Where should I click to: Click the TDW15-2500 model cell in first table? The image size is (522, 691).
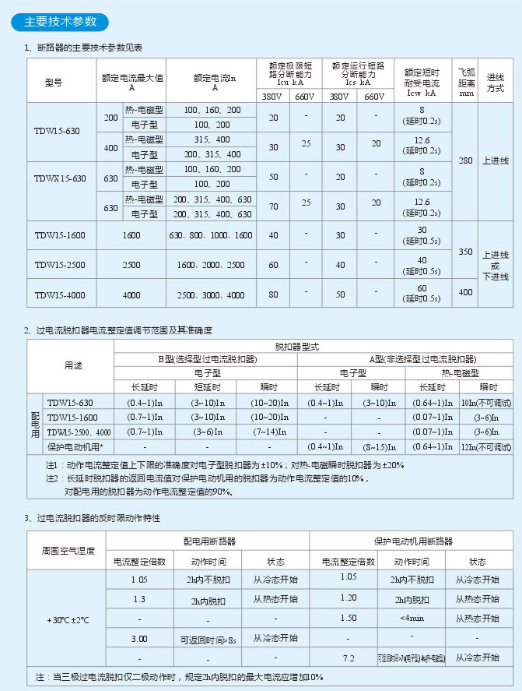tap(60, 265)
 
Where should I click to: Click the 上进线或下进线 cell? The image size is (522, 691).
tap(496, 265)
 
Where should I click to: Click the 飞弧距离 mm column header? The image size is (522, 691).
tap(466, 80)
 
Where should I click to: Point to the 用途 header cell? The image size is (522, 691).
tap(72, 365)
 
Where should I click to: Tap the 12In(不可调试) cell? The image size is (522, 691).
tap(486, 446)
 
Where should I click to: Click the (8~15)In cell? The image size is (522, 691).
tap(379, 446)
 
